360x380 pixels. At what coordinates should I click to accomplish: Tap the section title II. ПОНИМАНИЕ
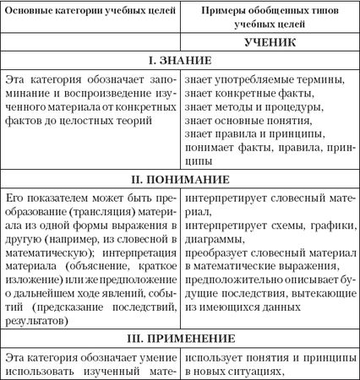tap(180, 179)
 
